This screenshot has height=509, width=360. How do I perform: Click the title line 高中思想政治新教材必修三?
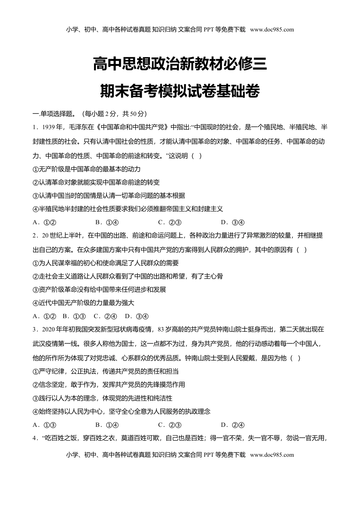(180, 64)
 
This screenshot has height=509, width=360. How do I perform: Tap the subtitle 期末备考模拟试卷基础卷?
(180, 91)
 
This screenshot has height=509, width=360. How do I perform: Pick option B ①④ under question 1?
(108, 222)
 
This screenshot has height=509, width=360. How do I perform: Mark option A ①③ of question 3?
(45, 425)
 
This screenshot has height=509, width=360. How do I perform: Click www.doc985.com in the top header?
(272, 30)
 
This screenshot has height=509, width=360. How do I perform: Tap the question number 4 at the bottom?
(35, 438)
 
